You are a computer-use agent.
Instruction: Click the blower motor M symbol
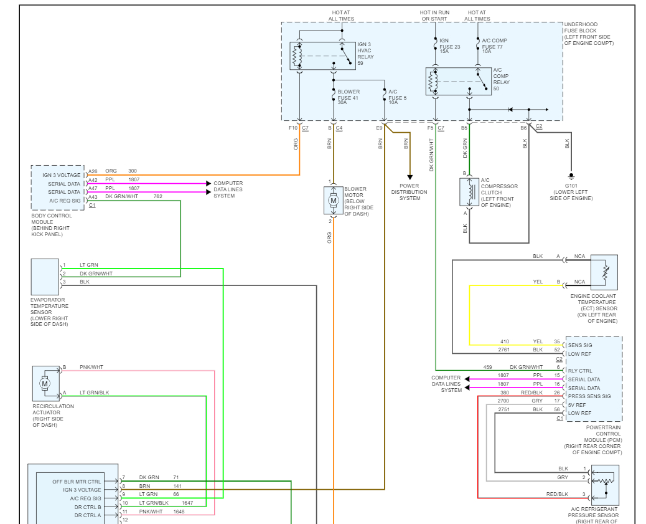334,201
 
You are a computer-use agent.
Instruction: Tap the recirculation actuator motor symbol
45,384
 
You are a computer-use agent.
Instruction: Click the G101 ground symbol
571,177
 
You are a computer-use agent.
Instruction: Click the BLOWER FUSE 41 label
349,97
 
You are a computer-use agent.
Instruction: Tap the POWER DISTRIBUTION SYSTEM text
410,192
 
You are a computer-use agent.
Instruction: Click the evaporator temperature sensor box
45,277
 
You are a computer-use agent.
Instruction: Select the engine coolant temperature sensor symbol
604,272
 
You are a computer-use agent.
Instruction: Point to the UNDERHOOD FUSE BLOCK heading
589,34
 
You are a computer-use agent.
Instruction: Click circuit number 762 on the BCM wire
158,196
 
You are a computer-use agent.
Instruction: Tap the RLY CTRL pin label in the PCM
580,371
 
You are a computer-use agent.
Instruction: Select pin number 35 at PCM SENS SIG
557,341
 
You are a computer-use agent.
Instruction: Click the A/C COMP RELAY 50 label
501,79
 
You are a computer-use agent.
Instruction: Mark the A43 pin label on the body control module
93,197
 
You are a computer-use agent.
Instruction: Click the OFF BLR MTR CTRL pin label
77,482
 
